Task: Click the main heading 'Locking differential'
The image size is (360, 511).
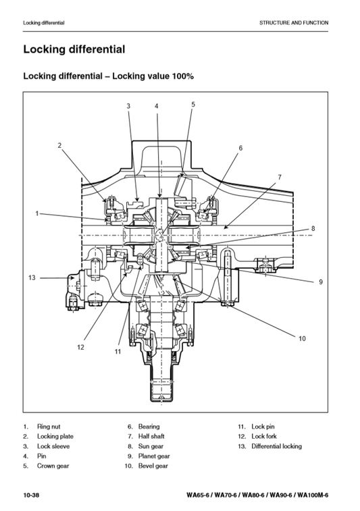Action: (x=74, y=49)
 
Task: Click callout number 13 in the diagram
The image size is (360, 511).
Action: (x=32, y=278)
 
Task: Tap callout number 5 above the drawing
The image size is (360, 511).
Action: (x=193, y=105)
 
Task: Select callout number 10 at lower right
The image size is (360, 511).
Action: (x=302, y=339)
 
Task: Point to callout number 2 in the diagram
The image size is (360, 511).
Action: (x=59, y=145)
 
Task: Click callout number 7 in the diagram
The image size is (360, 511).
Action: (x=280, y=178)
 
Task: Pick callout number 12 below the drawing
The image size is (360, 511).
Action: (x=80, y=348)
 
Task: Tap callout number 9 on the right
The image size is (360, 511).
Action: (x=321, y=282)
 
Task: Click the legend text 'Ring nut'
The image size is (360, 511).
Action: (x=49, y=427)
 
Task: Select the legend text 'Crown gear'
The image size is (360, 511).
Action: (x=53, y=466)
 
